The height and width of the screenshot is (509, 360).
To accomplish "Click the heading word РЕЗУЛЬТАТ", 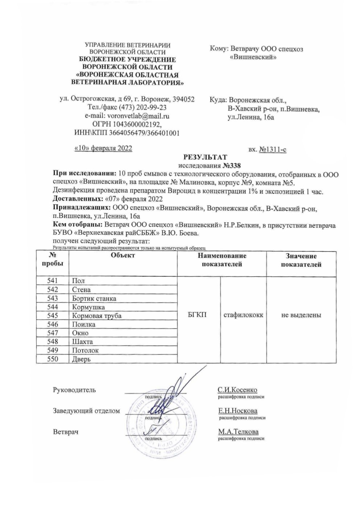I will coord(205,157).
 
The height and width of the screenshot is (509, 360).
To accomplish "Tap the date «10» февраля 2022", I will coord(103,148).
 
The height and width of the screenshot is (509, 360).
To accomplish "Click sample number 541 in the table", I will coord(53,280).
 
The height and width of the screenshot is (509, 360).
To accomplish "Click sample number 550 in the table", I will coord(53,359).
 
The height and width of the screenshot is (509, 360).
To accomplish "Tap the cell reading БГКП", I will coord(198,315).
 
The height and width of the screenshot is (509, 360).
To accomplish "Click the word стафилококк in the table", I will coord(243,315).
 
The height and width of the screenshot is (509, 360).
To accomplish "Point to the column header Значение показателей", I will coord(301,260).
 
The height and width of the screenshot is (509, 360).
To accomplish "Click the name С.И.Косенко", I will coord(237,390).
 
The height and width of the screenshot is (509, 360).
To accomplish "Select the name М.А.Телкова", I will coord(238,432).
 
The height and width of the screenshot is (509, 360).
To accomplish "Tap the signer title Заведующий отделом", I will coord(86,411).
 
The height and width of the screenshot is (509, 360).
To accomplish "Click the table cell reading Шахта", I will coord(82,342).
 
